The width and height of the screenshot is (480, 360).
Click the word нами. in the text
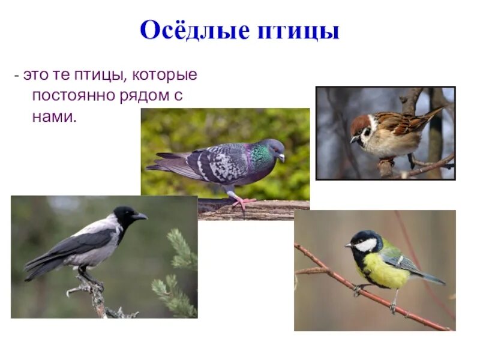click(55, 116)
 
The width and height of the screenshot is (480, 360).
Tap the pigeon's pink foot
click(243, 203)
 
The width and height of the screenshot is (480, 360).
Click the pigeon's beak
click(281, 157)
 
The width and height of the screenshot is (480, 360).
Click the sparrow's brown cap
click(360, 122)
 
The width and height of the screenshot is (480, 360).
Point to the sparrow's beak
click(353, 139)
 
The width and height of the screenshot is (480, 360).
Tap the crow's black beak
click(140, 216)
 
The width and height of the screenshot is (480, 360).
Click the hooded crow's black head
click(125, 215)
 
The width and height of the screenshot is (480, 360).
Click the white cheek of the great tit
click(366, 244)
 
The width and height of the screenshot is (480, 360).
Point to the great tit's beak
click(348, 245)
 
